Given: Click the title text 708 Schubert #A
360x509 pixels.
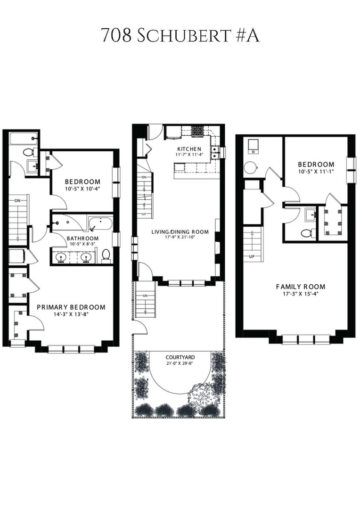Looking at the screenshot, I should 180,36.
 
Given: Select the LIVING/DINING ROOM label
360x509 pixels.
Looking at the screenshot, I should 180,232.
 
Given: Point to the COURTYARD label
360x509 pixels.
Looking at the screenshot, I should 180,357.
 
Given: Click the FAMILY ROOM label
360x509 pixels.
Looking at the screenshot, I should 301,287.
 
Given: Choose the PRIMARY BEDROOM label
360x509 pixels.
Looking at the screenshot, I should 71,307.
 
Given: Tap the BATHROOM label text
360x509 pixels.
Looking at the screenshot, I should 82,238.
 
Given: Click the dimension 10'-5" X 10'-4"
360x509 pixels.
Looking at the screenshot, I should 82,189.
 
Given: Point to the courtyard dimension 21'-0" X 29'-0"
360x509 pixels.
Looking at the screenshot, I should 180,363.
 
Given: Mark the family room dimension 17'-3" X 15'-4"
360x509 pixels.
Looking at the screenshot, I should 301,294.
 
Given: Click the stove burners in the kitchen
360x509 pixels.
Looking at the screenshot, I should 197,131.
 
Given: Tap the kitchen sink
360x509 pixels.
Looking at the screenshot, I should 216,151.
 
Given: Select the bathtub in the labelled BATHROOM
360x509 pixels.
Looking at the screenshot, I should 100,223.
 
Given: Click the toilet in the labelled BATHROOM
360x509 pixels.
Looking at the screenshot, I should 106,255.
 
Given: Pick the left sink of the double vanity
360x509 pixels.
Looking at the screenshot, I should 61,257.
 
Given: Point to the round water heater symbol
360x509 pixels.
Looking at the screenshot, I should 249,167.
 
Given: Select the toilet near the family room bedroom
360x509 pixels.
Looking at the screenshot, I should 306,233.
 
